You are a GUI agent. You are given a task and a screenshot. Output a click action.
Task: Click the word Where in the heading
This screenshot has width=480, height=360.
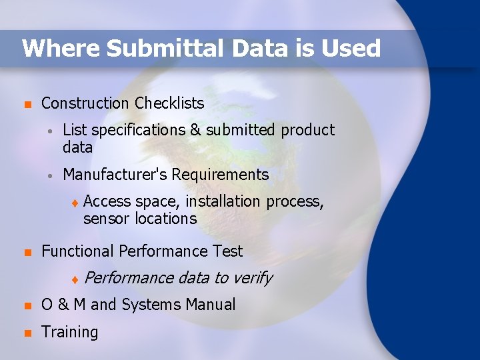coord(60,48)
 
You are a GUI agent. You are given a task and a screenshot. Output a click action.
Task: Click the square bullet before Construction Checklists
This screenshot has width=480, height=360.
coord(27,105)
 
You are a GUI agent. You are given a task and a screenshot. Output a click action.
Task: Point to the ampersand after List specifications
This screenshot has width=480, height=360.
coord(195,130)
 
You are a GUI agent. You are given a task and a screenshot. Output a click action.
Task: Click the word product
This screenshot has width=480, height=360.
coord(307,130)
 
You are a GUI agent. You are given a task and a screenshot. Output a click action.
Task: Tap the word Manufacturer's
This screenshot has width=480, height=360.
coord(115,175)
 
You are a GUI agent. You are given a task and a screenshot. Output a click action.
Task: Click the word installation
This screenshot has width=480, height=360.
coord(223,201)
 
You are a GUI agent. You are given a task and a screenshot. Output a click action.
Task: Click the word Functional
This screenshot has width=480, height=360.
coord(78,251)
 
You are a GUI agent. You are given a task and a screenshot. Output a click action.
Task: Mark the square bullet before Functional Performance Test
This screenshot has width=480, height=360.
coord(27,253)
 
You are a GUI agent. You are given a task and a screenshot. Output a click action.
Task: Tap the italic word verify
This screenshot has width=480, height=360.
coord(251,278)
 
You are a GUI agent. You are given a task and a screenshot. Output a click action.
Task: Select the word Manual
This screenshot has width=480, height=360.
coord(210,305)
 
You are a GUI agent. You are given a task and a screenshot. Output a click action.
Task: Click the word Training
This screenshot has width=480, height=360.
coord(69,332)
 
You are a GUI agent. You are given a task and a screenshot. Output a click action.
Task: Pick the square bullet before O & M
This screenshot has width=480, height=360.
coord(27,306)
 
